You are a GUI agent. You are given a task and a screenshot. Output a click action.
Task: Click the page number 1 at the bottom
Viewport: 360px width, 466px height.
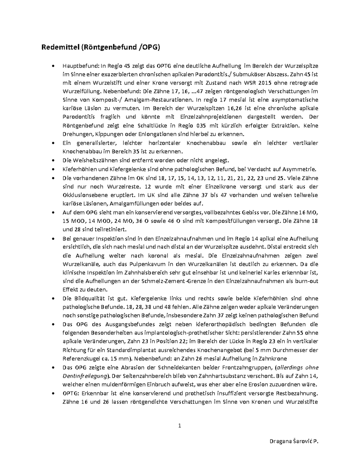pos(180,425)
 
